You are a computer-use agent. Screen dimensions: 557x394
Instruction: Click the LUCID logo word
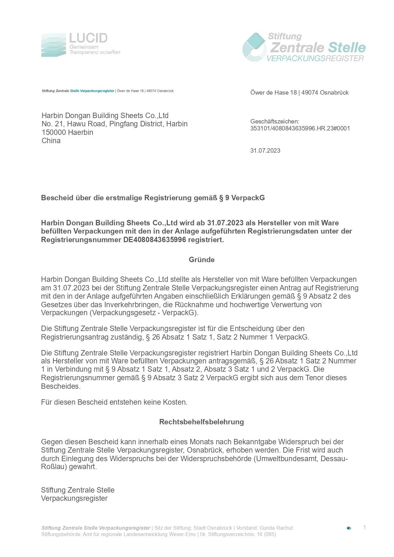[x=88, y=38]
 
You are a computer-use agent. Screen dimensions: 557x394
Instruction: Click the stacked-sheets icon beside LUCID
[x=53, y=45]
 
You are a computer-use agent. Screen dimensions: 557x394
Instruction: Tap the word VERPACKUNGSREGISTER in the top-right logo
[x=315, y=58]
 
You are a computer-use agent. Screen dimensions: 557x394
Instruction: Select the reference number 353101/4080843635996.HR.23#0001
[x=300, y=129]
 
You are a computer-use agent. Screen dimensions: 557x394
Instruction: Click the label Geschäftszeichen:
[x=275, y=121]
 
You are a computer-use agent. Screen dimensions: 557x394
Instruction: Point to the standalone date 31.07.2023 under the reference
[x=265, y=151]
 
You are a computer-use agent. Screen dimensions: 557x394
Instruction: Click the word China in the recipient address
[x=51, y=141]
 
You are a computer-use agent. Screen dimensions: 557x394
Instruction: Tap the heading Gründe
[x=201, y=260]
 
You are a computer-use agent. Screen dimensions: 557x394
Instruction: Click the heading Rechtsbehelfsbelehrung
[x=201, y=422]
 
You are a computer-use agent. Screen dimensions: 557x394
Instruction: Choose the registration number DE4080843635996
[x=154, y=240]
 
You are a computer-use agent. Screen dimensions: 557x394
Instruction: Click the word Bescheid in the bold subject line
[x=56, y=198]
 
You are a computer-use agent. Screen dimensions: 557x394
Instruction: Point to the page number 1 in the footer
[x=364, y=527]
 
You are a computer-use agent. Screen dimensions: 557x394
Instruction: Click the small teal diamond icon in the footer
[x=349, y=528]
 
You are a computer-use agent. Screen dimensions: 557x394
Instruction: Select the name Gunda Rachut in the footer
[x=276, y=528]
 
